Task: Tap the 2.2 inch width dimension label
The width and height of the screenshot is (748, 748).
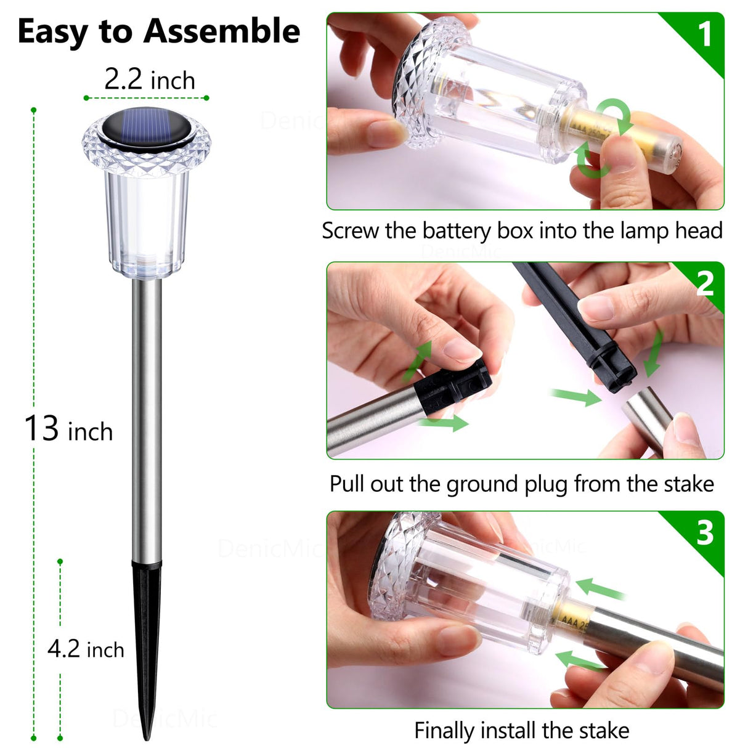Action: tap(149, 80)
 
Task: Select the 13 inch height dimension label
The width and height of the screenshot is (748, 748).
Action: tap(68, 429)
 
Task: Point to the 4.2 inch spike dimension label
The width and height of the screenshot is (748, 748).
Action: tap(86, 649)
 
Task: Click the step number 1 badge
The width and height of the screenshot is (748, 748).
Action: tap(704, 33)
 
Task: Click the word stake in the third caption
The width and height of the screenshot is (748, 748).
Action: tap(603, 731)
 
